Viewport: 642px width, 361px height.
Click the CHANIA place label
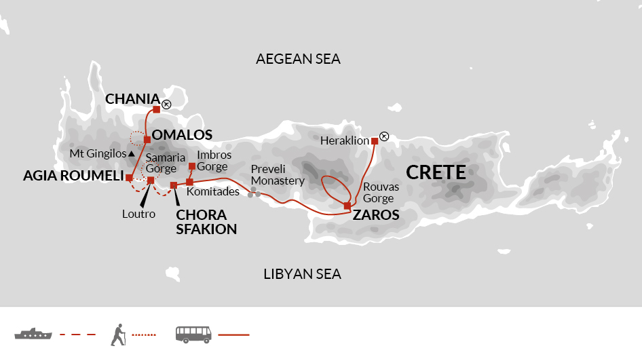click(132, 99)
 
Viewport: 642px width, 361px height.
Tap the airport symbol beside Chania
click(166, 104)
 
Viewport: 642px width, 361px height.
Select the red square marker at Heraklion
click(374, 141)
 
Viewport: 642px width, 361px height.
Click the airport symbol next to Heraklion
click(384, 137)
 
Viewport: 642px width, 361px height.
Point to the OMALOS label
click(182, 135)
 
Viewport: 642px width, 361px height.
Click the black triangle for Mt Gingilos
click(132, 155)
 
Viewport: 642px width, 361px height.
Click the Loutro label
click(138, 214)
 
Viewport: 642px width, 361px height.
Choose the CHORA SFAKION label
click(206, 221)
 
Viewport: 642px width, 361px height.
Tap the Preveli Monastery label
click(278, 174)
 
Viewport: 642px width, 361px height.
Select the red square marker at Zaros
click(347, 206)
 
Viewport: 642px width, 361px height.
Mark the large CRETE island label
click(436, 172)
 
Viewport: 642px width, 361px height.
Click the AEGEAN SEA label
click(298, 59)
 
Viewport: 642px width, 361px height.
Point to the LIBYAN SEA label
click(302, 274)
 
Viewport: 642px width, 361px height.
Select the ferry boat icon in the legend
click(33, 334)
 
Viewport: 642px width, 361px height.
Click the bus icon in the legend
click(193, 334)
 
